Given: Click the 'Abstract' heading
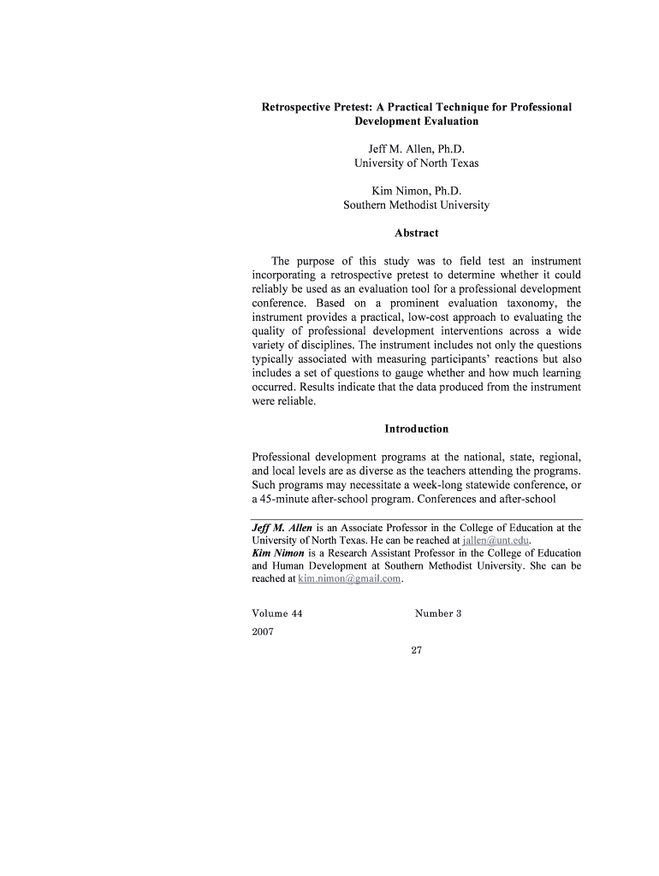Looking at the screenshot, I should click(416, 233).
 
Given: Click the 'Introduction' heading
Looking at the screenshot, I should click(416, 429).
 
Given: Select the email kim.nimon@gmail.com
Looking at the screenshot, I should click(349, 579).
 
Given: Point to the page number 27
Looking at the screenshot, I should click(417, 651).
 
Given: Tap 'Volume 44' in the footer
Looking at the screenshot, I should click(276, 613).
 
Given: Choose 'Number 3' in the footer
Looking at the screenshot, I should click(438, 613).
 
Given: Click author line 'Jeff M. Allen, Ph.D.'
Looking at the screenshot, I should click(416, 149).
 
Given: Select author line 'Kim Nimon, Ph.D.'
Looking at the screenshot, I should click(416, 191).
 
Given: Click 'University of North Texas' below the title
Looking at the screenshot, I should click(416, 163).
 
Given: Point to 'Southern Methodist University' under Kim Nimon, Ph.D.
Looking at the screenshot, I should click(416, 205).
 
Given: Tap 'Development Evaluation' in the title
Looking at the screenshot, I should click(416, 121).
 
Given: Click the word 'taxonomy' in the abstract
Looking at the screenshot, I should click(529, 303).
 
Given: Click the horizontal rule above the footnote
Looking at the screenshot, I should click(416, 519).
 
